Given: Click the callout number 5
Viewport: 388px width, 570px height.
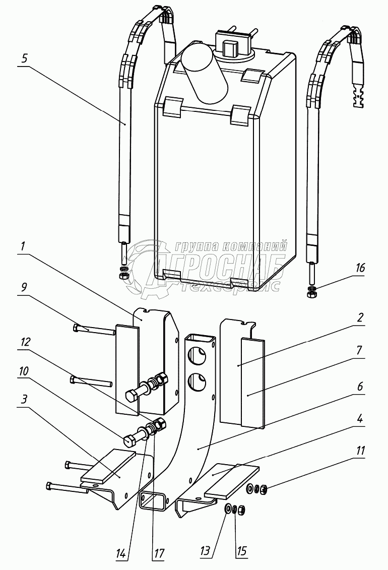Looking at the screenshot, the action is click(x=24, y=58).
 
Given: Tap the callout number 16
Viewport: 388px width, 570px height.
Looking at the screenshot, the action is click(x=360, y=268).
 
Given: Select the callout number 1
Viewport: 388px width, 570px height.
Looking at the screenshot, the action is click(x=23, y=246).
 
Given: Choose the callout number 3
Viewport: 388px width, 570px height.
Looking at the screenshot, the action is click(x=24, y=400).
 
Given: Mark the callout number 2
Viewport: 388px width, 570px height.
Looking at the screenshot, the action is click(x=360, y=318).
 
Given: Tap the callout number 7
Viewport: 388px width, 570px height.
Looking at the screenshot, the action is click(x=359, y=350).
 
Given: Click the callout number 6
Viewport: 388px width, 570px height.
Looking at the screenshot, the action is click(x=360, y=386).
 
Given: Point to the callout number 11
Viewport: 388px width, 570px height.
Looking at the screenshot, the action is click(x=360, y=451).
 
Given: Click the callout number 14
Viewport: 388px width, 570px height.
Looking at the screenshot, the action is click(x=121, y=554).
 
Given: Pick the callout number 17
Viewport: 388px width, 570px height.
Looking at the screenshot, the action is click(x=159, y=554).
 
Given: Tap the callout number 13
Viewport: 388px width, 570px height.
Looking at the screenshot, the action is click(x=205, y=551).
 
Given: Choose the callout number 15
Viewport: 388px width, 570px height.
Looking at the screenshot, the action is click(x=241, y=551).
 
